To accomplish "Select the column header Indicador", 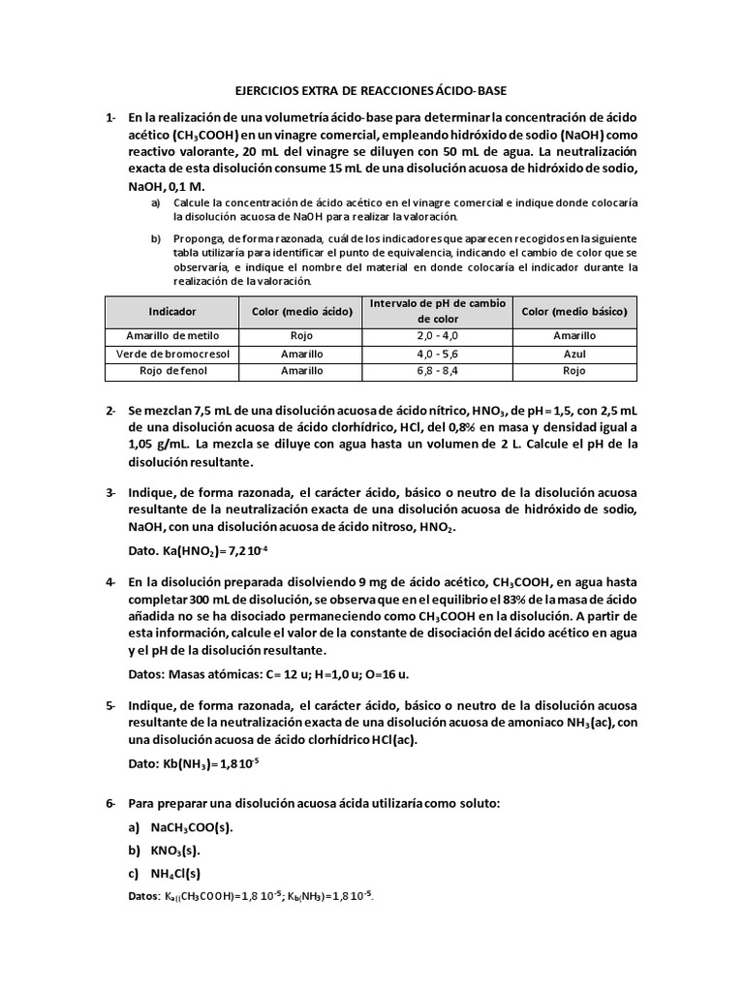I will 172,312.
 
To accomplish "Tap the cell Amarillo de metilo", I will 172,335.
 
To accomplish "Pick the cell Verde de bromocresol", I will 172,354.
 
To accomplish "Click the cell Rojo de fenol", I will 172,371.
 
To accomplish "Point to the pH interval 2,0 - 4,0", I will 437,335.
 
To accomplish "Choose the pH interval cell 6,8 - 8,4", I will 437,371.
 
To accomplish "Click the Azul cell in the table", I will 574,354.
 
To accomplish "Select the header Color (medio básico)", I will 574,312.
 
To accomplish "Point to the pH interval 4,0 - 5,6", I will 437,354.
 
